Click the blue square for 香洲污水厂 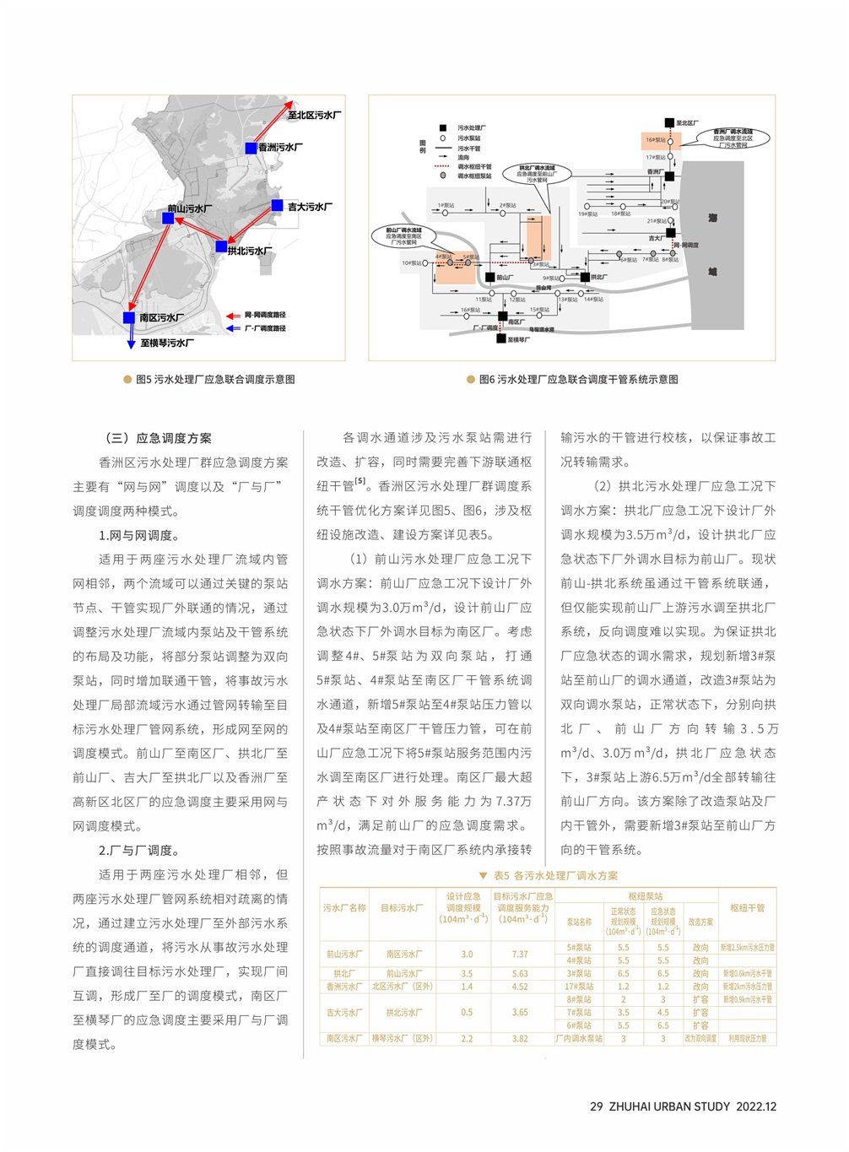coord(251,148)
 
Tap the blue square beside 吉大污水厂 coord(277,205)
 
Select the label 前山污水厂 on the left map coord(189,208)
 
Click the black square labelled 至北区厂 coord(669,123)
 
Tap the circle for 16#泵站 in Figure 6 coord(670,141)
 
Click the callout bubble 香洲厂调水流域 coord(733,138)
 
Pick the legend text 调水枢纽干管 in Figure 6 coord(473,167)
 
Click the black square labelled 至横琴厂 coord(500,339)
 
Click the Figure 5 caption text coord(215,380)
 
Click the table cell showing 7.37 coord(520,955)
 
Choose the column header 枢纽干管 coord(747,908)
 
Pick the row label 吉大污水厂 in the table coord(344,1013)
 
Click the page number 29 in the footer coord(596,1106)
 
